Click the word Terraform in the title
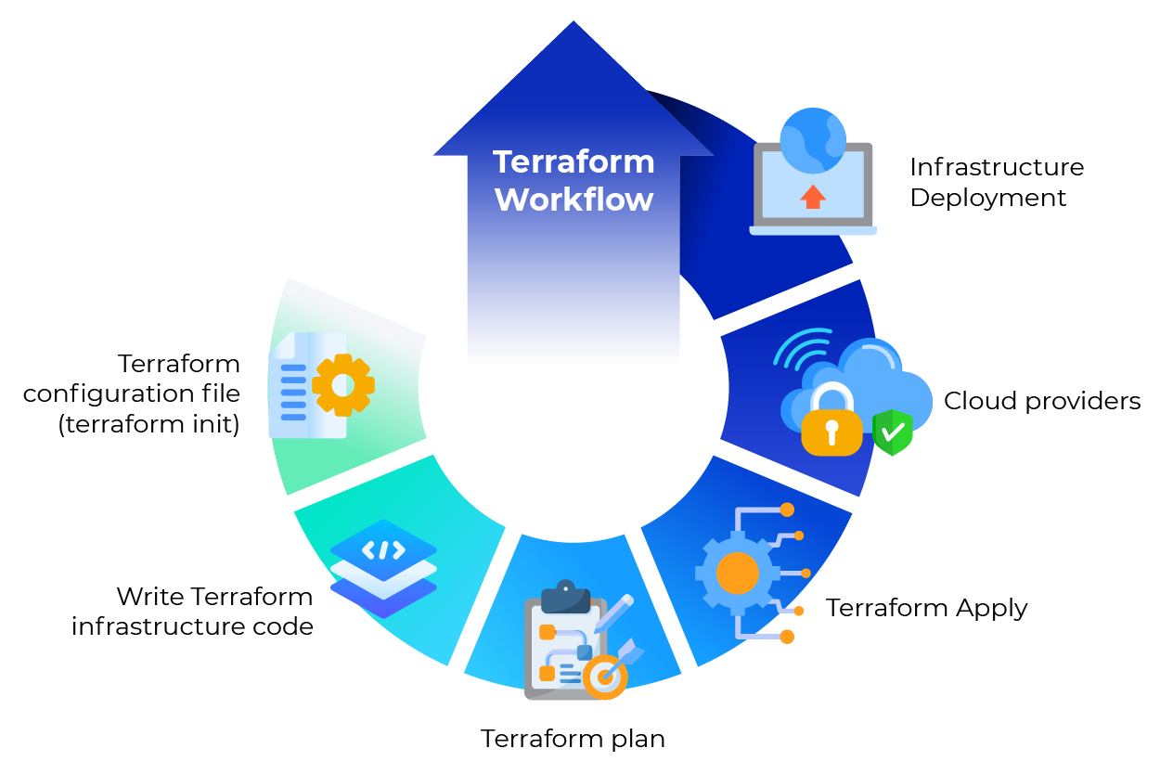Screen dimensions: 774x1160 pyautogui.click(x=574, y=161)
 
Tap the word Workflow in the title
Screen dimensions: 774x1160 pyautogui.click(x=574, y=200)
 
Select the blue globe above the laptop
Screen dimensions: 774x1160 pyautogui.click(x=812, y=140)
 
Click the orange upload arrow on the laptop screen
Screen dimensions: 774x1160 pyautogui.click(x=813, y=196)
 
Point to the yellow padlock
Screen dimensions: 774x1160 pyautogui.click(x=831, y=423)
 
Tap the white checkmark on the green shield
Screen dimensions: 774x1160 pyautogui.click(x=893, y=432)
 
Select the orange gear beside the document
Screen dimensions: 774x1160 pyautogui.click(x=343, y=384)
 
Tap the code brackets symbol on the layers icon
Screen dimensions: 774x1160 pyautogui.click(x=383, y=549)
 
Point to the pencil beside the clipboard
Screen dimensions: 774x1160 pyautogui.click(x=614, y=613)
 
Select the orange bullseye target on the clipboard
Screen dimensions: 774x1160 pyautogui.click(x=605, y=678)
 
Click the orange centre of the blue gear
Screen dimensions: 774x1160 pyautogui.click(x=738, y=574)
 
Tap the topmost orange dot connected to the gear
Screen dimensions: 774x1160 pyautogui.click(x=787, y=510)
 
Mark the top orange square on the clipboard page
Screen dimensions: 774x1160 pyautogui.click(x=547, y=632)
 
